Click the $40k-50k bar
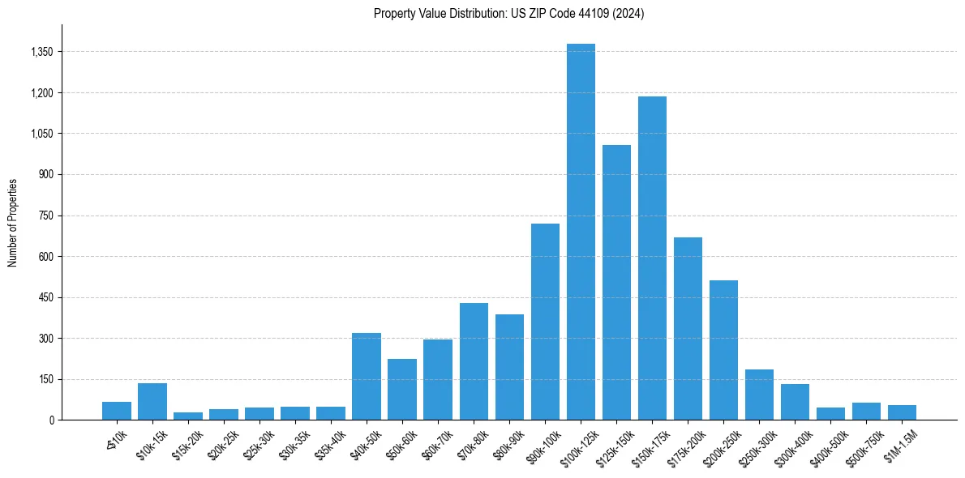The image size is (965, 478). [367, 376]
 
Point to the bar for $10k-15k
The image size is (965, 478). [152, 401]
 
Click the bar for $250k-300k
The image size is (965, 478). [759, 395]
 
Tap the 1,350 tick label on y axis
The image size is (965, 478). [41, 52]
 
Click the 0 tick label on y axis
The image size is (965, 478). [52, 420]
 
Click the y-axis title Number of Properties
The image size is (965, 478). [13, 222]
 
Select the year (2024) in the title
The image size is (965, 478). [629, 14]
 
